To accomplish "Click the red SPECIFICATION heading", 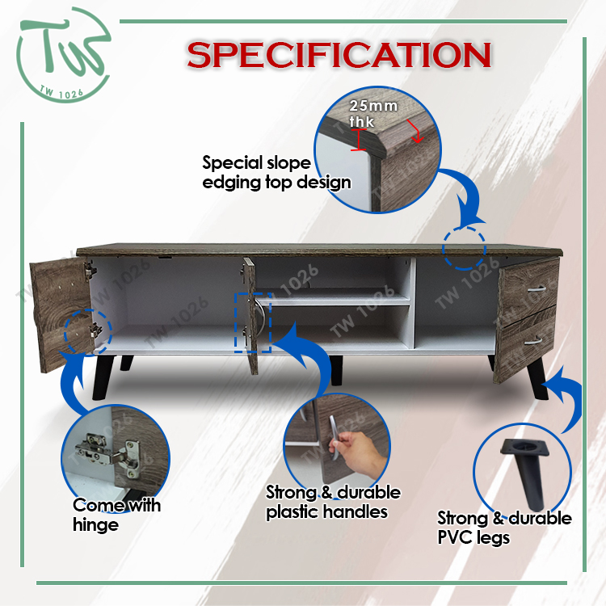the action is tap(339, 55).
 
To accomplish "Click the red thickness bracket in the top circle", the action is tap(359, 140).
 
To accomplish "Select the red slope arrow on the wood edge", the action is tap(415, 132).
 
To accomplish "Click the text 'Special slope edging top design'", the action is tap(276, 173).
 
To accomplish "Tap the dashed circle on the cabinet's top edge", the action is tap(464, 248).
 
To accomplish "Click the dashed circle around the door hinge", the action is tap(88, 332).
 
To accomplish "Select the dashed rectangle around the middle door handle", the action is tap(253, 322).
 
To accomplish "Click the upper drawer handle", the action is tap(535, 289).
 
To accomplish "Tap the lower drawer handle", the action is tap(533, 341).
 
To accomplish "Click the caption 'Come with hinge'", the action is tap(116, 516).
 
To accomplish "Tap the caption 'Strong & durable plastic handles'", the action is tap(333, 503).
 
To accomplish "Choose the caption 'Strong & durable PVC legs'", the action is tap(504, 528).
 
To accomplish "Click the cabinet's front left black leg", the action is tap(102, 377).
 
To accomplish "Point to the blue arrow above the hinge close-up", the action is tap(72, 383).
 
